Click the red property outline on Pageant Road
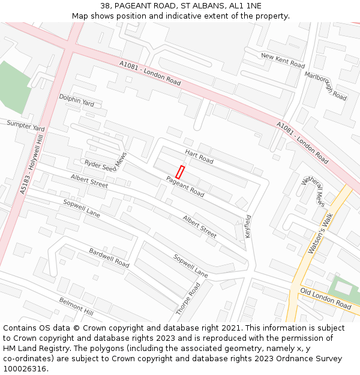tap(179, 172)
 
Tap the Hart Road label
tap(199, 157)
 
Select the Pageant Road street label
tap(185, 186)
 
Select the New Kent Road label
tap(283, 60)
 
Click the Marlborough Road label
tap(325, 86)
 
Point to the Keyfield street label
tap(248, 226)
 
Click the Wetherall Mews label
tap(313, 191)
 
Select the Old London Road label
tap(326, 298)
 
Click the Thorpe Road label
tap(188, 299)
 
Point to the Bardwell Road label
tap(109, 257)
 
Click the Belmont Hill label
tap(76, 307)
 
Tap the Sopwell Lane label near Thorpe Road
tap(190, 266)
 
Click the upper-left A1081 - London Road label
tap(150, 73)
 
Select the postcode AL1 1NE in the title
tap(245, 5)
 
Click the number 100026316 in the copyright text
tap(23, 369)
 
